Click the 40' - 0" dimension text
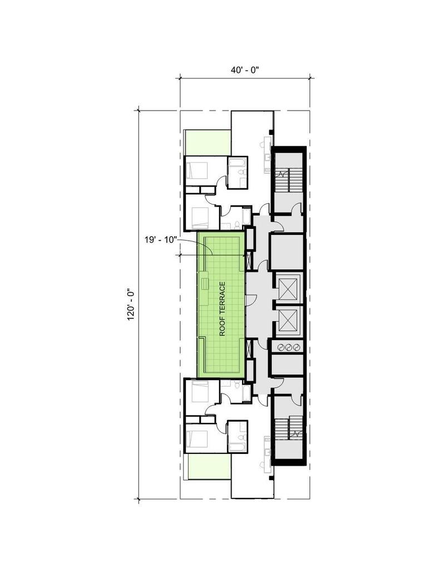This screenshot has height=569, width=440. coord(244,70)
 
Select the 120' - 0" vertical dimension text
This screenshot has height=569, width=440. coord(132,305)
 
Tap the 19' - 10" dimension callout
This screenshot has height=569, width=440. coord(159,240)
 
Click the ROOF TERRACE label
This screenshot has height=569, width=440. coord(222,309)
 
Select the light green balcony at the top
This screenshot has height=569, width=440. coord(207,143)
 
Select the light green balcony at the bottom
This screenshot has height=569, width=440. coord(209,467)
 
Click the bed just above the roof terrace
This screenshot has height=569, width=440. coord(197,217)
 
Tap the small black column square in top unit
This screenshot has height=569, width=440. coord(271,132)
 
